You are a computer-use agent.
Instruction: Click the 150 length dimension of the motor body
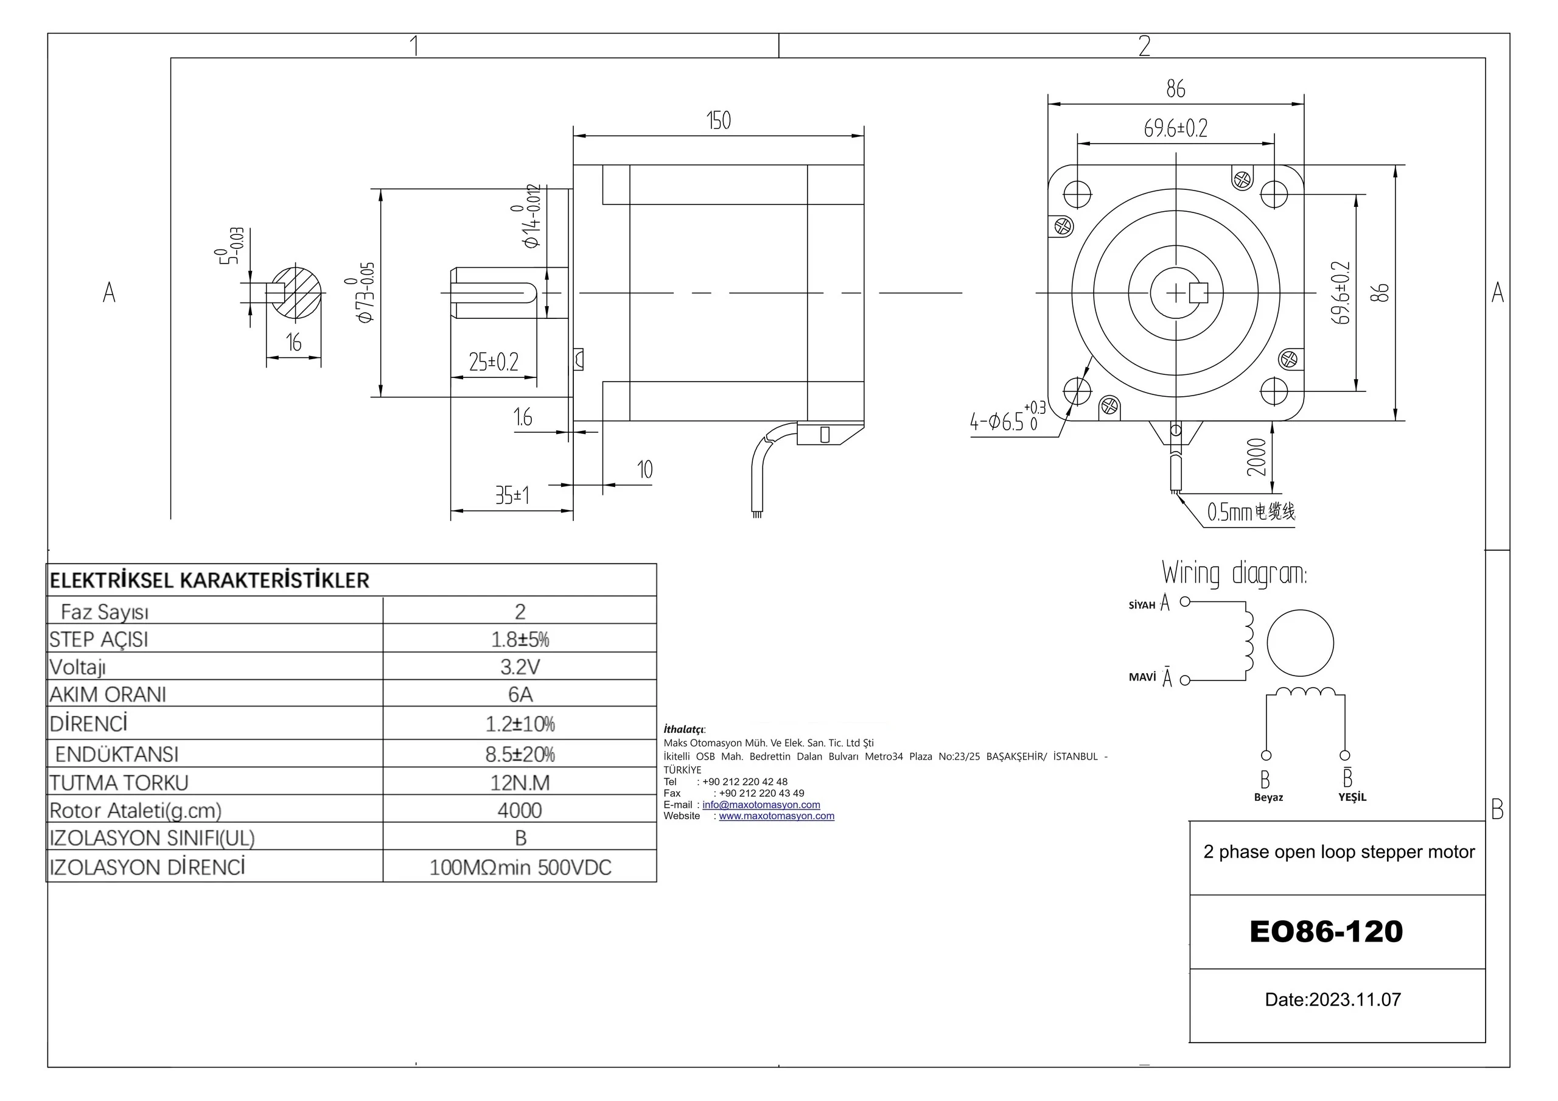pos(719,121)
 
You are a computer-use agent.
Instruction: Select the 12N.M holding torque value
pos(520,783)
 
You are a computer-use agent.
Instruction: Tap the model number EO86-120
pos(1326,931)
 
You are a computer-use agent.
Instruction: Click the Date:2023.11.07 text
pos(1333,999)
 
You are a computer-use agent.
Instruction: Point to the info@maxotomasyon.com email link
pos(761,805)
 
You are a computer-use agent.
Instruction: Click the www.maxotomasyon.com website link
pos(777,816)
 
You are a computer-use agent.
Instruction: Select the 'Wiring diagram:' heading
pos(1234,573)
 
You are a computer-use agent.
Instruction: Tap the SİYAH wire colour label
pos(1141,606)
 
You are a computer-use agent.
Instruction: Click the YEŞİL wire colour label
pos(1352,797)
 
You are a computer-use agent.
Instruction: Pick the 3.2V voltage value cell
pos(520,666)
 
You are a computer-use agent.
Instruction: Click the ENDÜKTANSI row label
pos(117,754)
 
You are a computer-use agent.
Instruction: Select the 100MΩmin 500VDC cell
pos(520,867)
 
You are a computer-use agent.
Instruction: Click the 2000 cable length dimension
pos(1256,457)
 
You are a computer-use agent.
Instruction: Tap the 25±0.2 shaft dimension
pos(494,362)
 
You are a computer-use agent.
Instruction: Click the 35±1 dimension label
pos(512,495)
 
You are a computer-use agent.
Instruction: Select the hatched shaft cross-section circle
pos(296,293)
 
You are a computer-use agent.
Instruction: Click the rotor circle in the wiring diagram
pos(1299,643)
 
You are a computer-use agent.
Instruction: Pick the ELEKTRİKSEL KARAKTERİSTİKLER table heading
pos(209,581)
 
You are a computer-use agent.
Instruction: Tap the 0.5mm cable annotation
pos(1251,512)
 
